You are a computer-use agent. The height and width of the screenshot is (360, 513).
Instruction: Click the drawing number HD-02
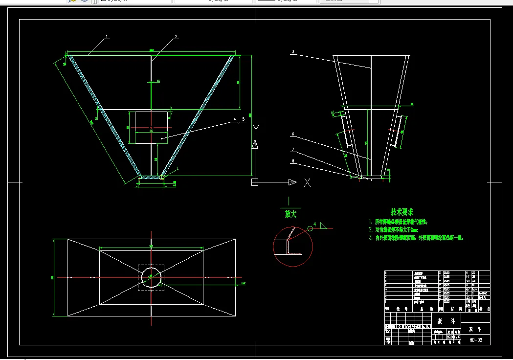[x=475, y=340]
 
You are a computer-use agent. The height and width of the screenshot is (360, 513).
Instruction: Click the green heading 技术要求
[x=401, y=212]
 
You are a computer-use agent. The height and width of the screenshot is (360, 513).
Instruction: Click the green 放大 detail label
[x=290, y=214]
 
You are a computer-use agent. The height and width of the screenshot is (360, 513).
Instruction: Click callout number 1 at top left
[x=107, y=37]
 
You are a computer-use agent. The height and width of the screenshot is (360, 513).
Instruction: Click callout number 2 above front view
[x=176, y=37]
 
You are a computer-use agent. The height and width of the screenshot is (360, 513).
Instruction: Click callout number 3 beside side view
[x=293, y=52]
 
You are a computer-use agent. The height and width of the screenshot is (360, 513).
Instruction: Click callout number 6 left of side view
[x=293, y=134]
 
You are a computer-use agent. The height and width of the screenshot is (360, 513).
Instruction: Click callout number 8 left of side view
[x=293, y=160]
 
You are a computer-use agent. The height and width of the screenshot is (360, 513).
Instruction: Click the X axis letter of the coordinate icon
[x=307, y=182]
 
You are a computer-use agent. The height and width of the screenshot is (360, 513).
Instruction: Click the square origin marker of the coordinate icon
[x=255, y=182]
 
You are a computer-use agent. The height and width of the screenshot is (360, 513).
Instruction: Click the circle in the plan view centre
[x=152, y=277]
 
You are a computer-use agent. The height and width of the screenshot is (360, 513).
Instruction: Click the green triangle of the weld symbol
[x=324, y=226]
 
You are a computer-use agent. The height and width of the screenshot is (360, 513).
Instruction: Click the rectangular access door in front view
[x=151, y=128]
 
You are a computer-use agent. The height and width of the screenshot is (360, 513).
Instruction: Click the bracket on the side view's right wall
[x=398, y=132]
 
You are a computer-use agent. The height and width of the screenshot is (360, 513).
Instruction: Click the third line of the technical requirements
[x=416, y=238]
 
